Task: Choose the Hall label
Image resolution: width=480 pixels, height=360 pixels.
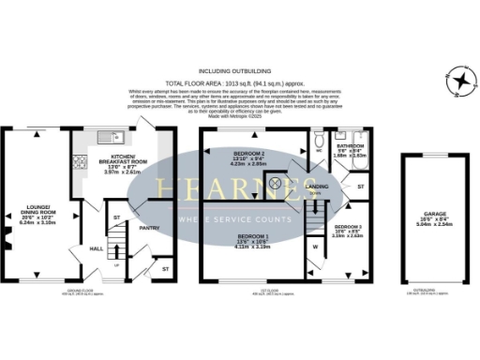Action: pyautogui.click(x=97, y=248)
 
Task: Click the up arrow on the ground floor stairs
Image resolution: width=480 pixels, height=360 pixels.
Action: pyautogui.click(x=115, y=265)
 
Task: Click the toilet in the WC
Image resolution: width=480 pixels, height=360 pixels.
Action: pyautogui.click(x=321, y=137)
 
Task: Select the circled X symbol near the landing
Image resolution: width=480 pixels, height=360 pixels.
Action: pyautogui.click(x=275, y=184)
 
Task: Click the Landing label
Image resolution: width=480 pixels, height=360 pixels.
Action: pyautogui.click(x=318, y=187)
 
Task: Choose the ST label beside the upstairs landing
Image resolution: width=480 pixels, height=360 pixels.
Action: pyautogui.click(x=360, y=189)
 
